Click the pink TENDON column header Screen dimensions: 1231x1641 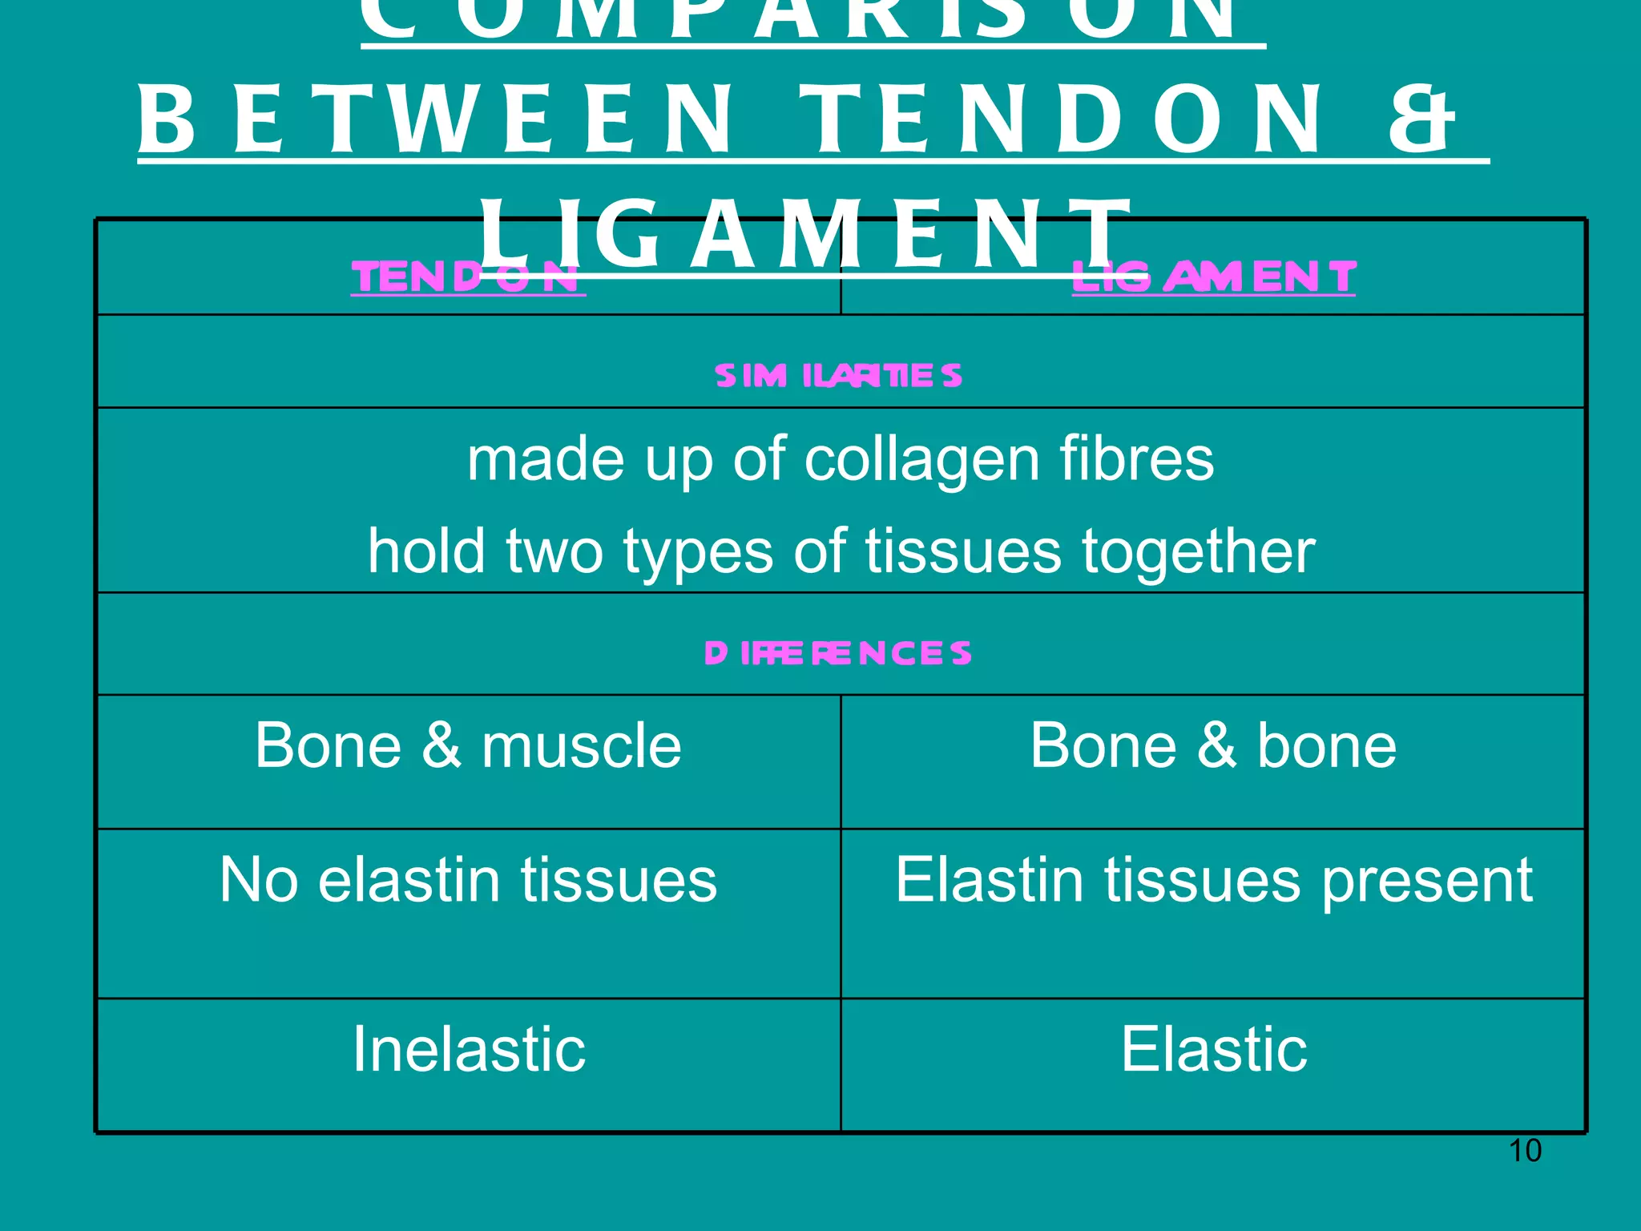click(467, 278)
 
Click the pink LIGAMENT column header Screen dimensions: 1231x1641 click(1213, 278)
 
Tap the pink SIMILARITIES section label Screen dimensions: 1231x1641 click(838, 376)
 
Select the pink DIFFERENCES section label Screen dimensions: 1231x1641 click(838, 653)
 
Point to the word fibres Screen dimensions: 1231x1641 click(1136, 459)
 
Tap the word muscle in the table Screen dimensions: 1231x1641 click(582, 746)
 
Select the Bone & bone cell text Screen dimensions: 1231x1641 click(1213, 746)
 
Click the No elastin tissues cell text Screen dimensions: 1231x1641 click(468, 880)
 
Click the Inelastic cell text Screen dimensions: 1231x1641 click(469, 1049)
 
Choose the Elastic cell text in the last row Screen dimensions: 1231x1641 click(1213, 1049)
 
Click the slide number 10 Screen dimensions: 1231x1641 click(1524, 1151)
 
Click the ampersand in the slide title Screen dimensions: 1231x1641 click(1421, 121)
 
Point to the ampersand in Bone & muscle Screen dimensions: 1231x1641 click(441, 746)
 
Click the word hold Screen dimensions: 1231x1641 click(426, 551)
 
